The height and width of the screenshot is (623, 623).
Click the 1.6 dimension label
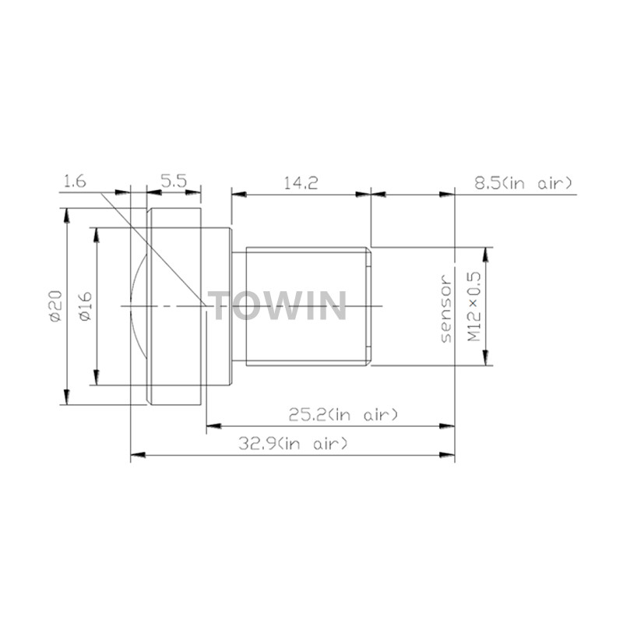click(75, 182)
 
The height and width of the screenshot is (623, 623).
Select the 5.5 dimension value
click(174, 182)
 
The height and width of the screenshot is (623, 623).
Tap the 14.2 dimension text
click(301, 183)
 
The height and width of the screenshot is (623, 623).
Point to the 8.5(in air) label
click(523, 183)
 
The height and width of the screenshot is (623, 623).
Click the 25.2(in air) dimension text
click(343, 415)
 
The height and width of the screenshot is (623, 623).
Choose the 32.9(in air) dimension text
click(293, 443)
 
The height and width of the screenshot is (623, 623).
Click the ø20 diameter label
click(56, 305)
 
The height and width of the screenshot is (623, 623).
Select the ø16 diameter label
click(85, 306)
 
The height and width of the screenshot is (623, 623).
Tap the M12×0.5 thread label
click(473, 306)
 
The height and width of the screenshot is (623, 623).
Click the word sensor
click(446, 308)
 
